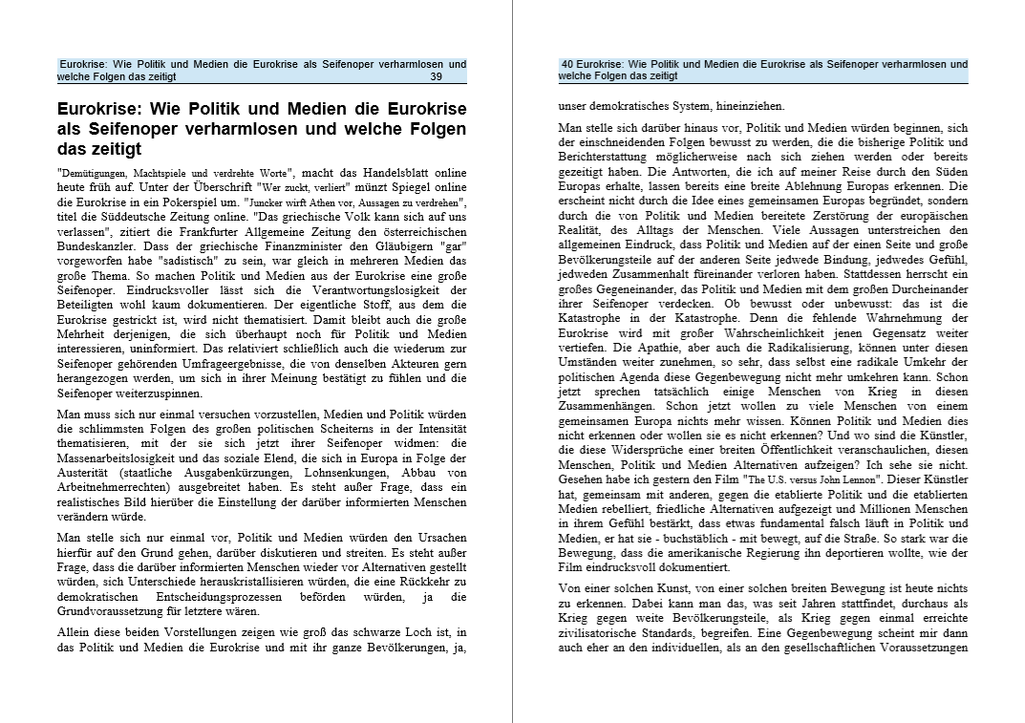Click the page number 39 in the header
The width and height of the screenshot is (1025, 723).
click(x=436, y=77)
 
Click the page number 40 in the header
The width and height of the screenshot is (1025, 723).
click(x=567, y=65)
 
